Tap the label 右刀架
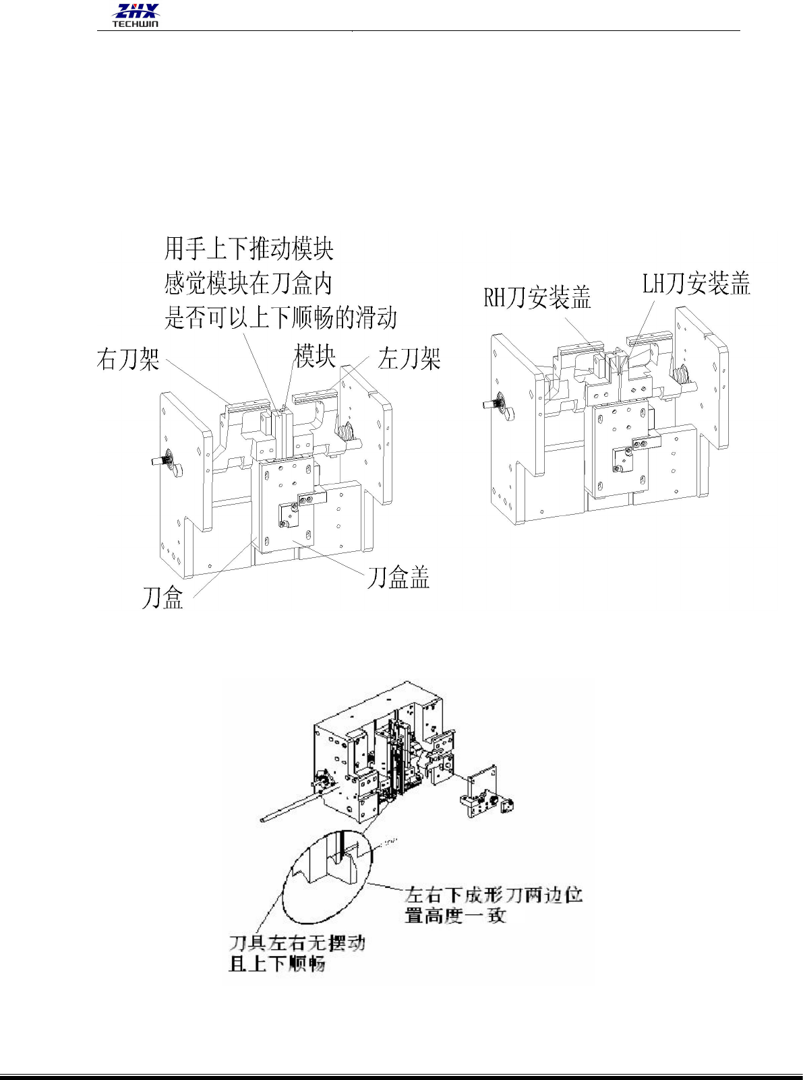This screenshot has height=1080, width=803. pyautogui.click(x=128, y=359)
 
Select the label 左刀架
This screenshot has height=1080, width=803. pyautogui.click(x=409, y=358)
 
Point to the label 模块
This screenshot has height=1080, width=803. pyautogui.click(x=315, y=356)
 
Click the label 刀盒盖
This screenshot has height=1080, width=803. pyautogui.click(x=398, y=578)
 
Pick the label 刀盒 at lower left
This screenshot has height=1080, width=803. pyautogui.click(x=162, y=598)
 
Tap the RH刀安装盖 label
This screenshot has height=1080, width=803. pyautogui.click(x=537, y=297)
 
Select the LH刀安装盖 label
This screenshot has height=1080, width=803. pyautogui.click(x=696, y=284)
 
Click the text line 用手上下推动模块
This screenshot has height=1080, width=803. pyautogui.click(x=249, y=249)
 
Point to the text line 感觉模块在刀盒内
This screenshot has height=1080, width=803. pyautogui.click(x=248, y=283)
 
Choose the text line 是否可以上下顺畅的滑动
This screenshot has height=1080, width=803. pyautogui.click(x=280, y=317)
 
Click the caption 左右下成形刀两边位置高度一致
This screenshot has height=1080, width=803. pyautogui.click(x=493, y=905)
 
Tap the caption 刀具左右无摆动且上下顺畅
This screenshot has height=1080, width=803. pyautogui.click(x=297, y=953)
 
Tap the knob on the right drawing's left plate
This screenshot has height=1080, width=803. pyautogui.click(x=497, y=404)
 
